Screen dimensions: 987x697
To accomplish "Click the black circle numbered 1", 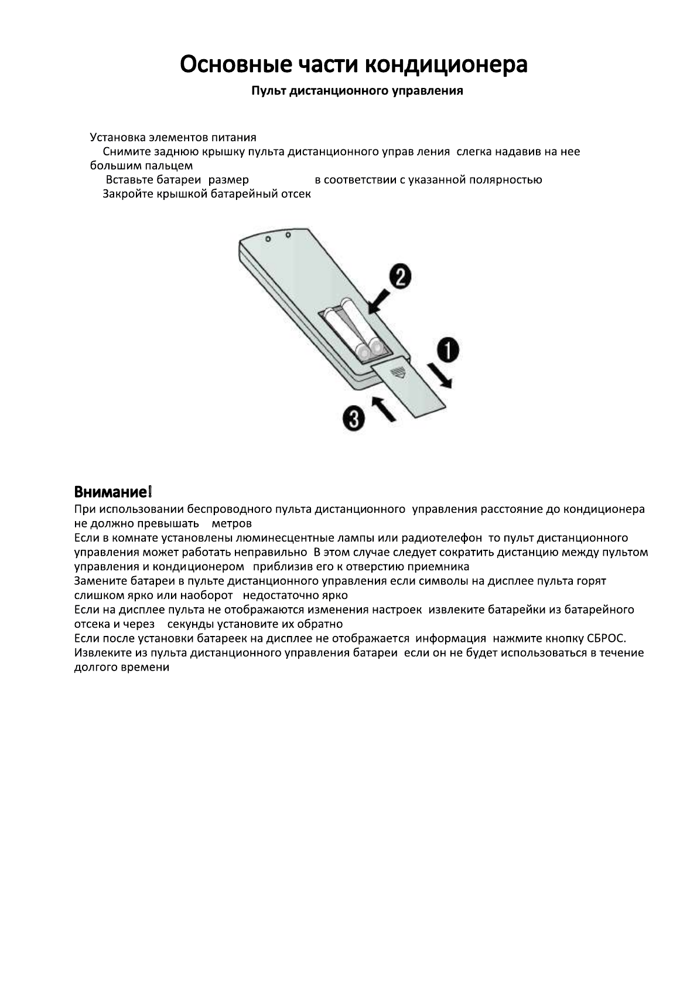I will pos(446,352).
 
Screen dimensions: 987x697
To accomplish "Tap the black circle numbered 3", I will pos(354,420).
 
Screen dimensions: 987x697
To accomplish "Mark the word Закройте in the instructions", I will pos(128,194).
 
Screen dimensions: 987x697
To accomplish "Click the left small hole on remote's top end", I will pos(267,240).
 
